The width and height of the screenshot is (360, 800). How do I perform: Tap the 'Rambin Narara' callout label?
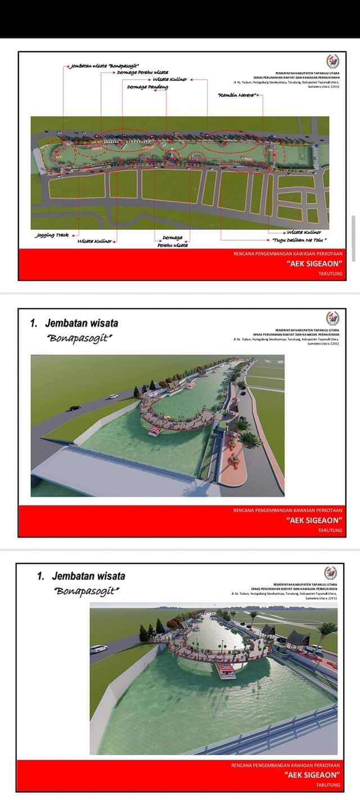(236, 96)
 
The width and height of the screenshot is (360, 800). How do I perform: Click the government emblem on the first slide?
(332, 61)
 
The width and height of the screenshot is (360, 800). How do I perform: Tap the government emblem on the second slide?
(332, 318)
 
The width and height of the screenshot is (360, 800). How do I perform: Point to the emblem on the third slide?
(331, 573)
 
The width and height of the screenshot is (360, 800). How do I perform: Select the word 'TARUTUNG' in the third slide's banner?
(328, 784)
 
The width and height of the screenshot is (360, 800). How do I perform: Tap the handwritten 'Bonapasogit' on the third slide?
(87, 591)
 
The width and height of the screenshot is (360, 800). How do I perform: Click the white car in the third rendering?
(99, 648)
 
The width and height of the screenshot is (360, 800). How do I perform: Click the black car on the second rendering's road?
(74, 407)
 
